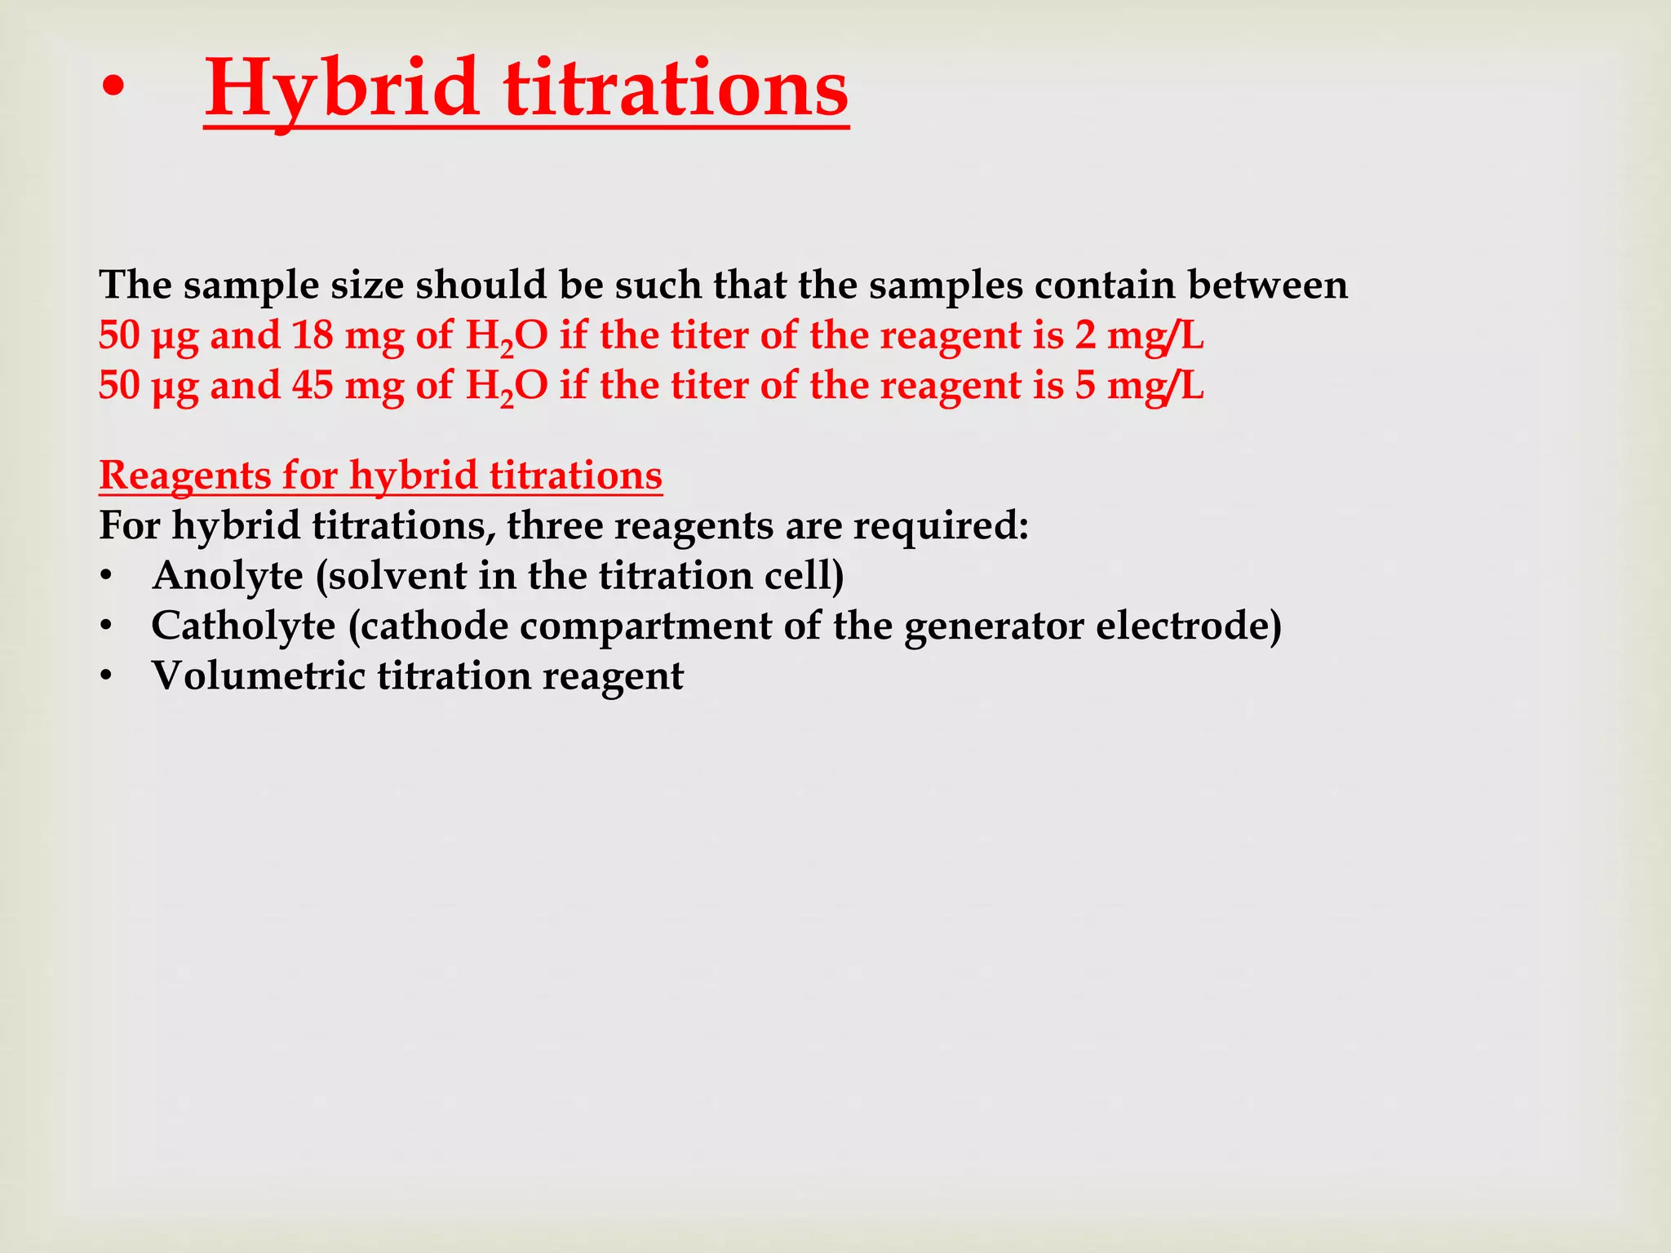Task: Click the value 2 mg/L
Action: coord(1139,335)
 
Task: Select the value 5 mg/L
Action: coord(1139,385)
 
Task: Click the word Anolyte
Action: coord(228,576)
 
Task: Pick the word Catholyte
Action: coord(243,626)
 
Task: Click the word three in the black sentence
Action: coord(554,525)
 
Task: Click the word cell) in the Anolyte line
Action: coord(803,576)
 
